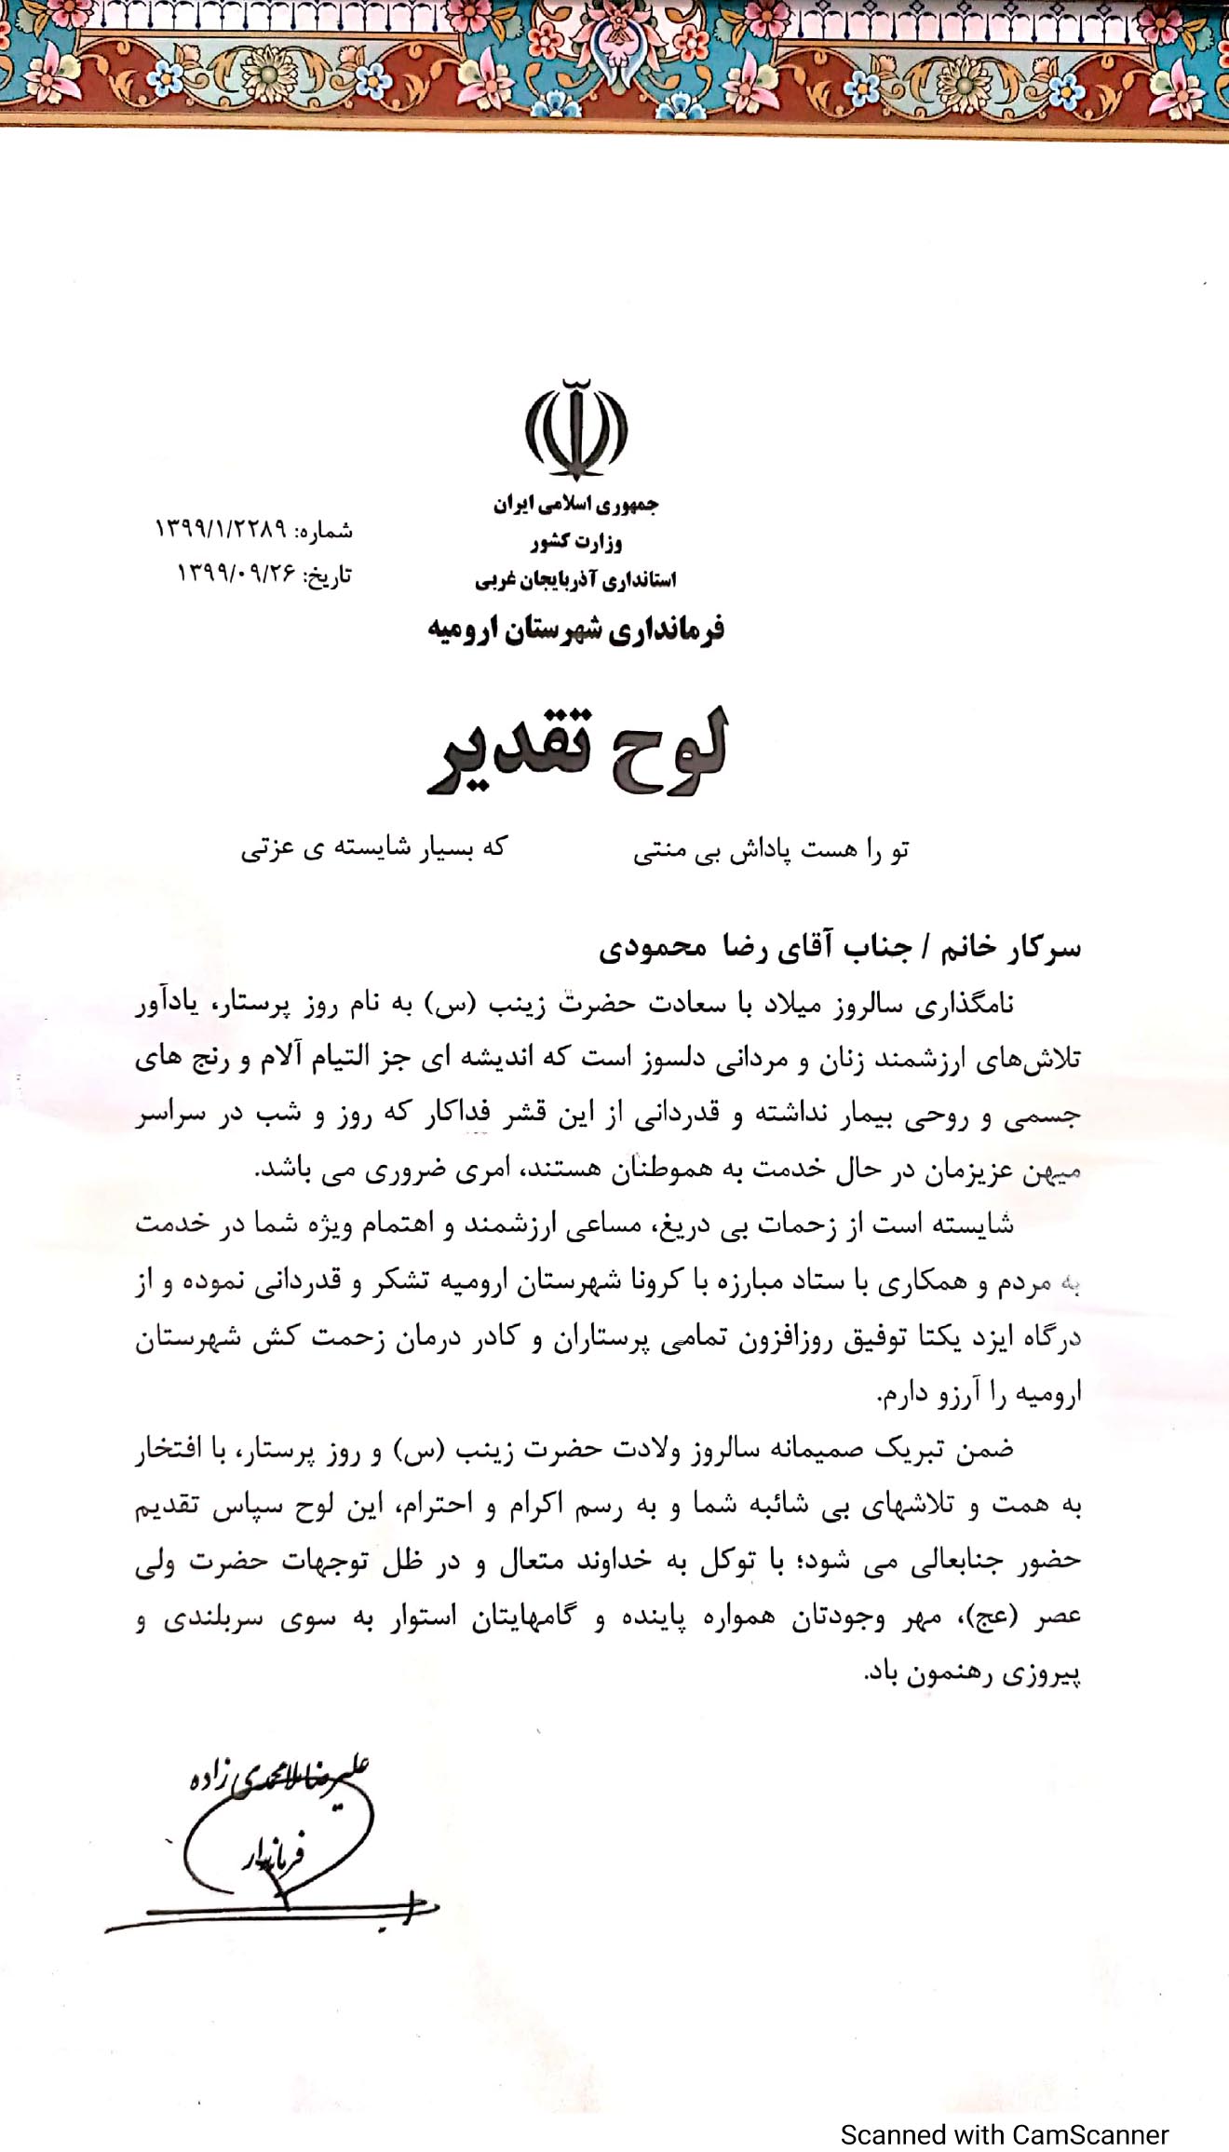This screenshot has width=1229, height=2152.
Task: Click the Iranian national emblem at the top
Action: point(575,430)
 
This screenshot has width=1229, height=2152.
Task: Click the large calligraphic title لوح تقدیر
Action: point(576,752)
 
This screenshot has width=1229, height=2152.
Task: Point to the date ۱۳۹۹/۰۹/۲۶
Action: point(236,575)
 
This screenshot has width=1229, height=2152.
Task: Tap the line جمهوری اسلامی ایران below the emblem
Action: point(575,506)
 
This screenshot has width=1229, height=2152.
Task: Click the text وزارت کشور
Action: point(575,542)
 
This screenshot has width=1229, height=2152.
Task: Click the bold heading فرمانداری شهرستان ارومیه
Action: point(575,630)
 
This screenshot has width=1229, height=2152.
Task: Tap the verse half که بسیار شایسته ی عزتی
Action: point(373,848)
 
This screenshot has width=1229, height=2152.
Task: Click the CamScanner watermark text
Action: point(1004,2108)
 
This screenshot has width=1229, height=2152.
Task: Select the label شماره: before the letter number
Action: point(324,532)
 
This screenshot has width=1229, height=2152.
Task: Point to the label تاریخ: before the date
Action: point(325,575)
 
